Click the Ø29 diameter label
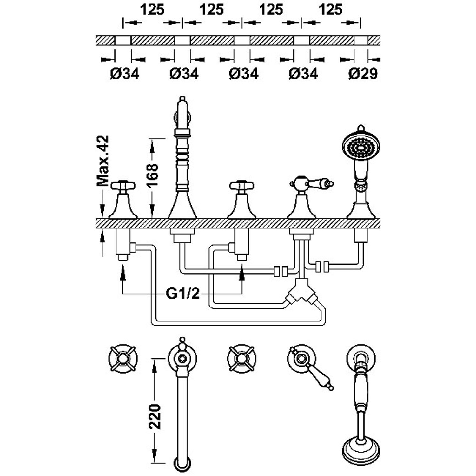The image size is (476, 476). (363, 74)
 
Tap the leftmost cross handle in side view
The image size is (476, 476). (123, 185)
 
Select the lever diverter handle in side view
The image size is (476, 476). (312, 183)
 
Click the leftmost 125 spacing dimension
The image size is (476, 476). (153, 10)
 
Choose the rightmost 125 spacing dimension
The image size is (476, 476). (331, 10)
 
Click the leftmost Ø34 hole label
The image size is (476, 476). (125, 74)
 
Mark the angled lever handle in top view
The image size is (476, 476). (321, 376)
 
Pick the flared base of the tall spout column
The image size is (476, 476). (182, 205)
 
